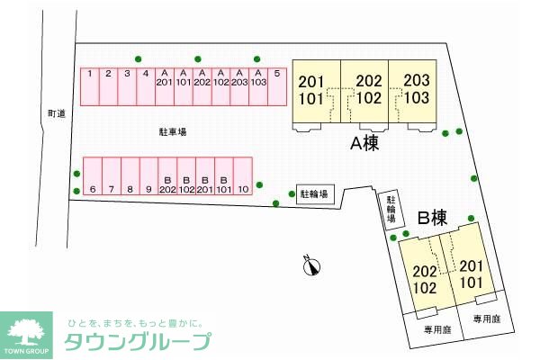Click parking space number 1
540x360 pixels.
pos(91,86)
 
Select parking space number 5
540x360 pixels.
pos(277,86)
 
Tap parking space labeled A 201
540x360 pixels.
pos(163,86)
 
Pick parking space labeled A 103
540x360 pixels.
pos(258,86)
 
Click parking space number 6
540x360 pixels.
pos(93,176)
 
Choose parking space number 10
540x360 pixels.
pos(242,176)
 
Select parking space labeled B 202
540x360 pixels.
pos(167,176)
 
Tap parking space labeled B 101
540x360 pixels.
pos(223,176)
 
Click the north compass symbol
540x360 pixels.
pos(311,265)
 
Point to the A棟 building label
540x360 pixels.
pos(364,144)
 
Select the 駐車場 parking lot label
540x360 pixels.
pos(172,131)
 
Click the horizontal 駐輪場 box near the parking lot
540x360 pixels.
pos(315,193)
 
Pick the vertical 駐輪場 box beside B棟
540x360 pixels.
pos(391,210)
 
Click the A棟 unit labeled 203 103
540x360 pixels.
pos(415,90)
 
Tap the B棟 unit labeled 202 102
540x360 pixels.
pos(425,279)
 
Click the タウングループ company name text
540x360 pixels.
pos(138,341)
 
